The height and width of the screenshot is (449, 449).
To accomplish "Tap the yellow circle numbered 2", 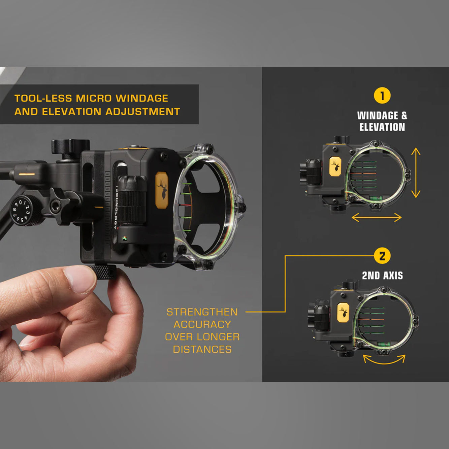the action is click(x=382, y=256).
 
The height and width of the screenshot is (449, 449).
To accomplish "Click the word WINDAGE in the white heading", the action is click(x=378, y=116).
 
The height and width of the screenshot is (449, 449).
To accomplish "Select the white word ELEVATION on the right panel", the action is click(x=382, y=127).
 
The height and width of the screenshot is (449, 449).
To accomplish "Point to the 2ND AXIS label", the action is click(x=382, y=276).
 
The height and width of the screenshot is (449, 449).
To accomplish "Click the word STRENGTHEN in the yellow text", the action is click(x=202, y=312).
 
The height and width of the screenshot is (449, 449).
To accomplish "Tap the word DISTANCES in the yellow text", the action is click(x=202, y=350).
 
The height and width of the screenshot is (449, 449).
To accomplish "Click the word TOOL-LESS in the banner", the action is click(x=43, y=98).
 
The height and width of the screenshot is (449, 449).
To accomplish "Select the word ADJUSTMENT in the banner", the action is click(x=142, y=111).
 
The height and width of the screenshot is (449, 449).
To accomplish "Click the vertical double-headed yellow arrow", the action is click(x=416, y=173).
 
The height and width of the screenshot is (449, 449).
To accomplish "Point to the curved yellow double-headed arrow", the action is click(x=384, y=360).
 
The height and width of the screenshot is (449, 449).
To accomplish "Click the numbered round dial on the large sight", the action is click(x=21, y=211).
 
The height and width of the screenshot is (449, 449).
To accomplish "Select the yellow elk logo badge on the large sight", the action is click(x=162, y=190).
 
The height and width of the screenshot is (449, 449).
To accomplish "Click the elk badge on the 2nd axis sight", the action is click(x=343, y=313).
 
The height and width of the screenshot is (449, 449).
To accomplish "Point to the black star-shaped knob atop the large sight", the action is click(x=71, y=146).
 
